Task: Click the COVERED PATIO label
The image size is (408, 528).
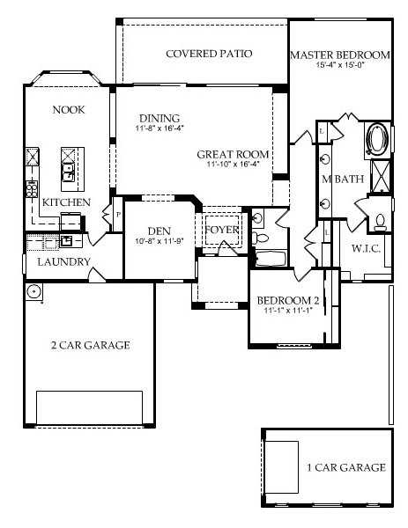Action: click(209, 54)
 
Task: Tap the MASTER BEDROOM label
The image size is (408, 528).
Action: click(340, 54)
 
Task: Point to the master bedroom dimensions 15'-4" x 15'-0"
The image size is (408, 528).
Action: click(340, 65)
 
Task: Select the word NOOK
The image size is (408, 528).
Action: click(69, 110)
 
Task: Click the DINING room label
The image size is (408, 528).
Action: click(159, 119)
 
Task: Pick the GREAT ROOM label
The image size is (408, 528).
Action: click(233, 154)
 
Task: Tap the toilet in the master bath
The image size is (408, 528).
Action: click(381, 219)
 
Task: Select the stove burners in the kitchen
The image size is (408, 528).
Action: click(33, 187)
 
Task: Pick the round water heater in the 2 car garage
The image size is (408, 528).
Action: click(33, 291)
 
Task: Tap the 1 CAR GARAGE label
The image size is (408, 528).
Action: click(345, 467)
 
